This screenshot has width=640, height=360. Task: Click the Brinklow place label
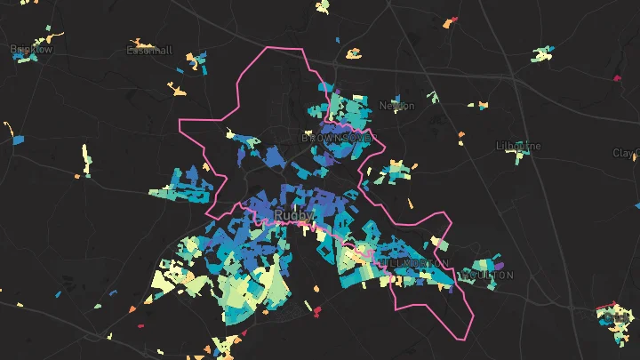(x=31, y=50)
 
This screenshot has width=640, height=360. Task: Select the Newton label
(x=396, y=106)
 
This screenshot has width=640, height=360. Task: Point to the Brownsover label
(x=338, y=139)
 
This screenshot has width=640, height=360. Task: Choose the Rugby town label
(x=291, y=215)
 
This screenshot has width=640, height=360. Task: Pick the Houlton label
(x=484, y=276)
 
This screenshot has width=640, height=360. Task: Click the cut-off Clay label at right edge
(x=626, y=153)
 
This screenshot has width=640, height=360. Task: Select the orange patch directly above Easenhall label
(x=140, y=41)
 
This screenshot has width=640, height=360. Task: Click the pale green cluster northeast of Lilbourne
(x=541, y=54)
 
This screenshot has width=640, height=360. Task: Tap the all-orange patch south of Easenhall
(x=178, y=89)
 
